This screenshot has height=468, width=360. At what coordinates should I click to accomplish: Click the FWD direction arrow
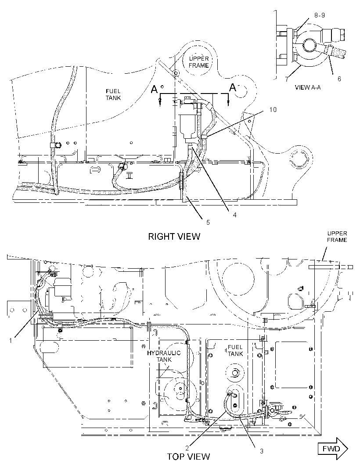pyautogui.click(x=335, y=449)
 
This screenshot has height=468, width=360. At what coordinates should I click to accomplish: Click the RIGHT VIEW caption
pyautogui.click(x=174, y=237)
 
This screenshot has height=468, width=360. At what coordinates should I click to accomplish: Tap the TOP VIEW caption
pyautogui.click(x=188, y=456)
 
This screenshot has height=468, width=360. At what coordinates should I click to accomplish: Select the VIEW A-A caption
pyautogui.click(x=308, y=87)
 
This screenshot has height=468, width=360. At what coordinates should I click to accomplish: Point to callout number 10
pyautogui.click(x=273, y=110)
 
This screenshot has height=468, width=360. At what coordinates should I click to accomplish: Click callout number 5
pyautogui.click(x=208, y=222)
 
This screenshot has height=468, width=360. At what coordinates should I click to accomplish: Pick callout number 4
pyautogui.click(x=235, y=215)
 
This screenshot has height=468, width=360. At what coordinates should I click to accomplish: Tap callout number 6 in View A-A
pyautogui.click(x=339, y=79)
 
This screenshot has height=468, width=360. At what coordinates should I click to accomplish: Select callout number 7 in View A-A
pyautogui.click(x=287, y=79)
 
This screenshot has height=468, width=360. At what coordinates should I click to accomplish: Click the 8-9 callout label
pyautogui.click(x=320, y=15)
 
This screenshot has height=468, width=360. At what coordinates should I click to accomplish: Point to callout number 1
pyautogui.click(x=11, y=341)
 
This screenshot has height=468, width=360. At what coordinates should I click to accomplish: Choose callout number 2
pyautogui.click(x=187, y=448)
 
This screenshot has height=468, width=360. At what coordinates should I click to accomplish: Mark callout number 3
pyautogui.click(x=262, y=451)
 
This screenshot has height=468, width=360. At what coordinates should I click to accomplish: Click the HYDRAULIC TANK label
pyautogui.click(x=164, y=356)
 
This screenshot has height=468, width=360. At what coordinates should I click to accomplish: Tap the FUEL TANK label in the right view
pyautogui.click(x=113, y=94)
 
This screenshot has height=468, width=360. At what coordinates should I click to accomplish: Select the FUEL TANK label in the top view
pyautogui.click(x=235, y=350)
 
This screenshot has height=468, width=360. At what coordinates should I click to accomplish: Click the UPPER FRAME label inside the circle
pyautogui.click(x=199, y=62)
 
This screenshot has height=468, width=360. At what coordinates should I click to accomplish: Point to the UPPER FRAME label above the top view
pyautogui.click(x=337, y=237)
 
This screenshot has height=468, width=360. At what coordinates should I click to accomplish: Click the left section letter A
pyautogui.click(x=155, y=89)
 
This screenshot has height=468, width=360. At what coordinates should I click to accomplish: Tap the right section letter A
pyautogui.click(x=233, y=87)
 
